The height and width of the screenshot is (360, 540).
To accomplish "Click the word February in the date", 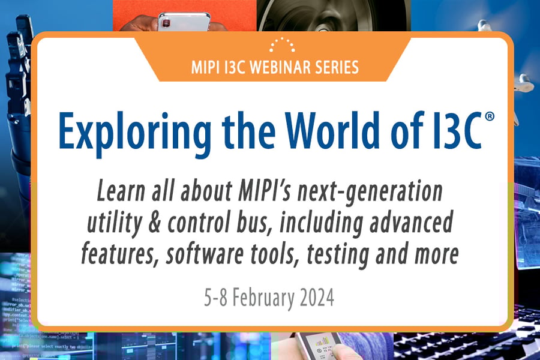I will click(263, 297).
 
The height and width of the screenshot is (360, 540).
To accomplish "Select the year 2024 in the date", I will click(314, 297).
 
